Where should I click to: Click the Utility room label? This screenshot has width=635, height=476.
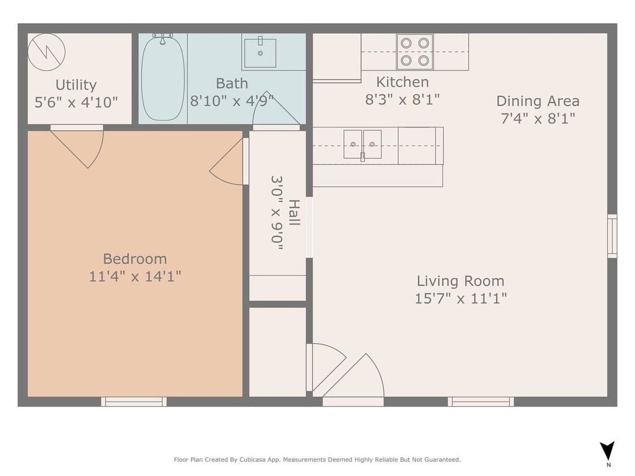[76, 85]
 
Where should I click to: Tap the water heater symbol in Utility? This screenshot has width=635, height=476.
[46, 52]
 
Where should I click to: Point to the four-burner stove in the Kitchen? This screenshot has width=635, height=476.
[414, 52]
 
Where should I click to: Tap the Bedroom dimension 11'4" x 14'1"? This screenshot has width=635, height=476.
[135, 276]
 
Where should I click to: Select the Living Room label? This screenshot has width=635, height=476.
[460, 281]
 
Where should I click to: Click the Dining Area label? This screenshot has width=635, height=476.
[537, 101]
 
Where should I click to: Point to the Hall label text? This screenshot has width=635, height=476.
[294, 212]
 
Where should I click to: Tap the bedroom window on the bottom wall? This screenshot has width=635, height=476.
[134, 402]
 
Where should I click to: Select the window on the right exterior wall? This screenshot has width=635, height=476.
[612, 236]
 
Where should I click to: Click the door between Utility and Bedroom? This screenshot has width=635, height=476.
[79, 146]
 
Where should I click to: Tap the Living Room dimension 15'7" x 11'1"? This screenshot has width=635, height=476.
[461, 298]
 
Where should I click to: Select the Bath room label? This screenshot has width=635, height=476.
[231, 83]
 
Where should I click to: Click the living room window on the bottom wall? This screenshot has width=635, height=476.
[480, 402]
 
